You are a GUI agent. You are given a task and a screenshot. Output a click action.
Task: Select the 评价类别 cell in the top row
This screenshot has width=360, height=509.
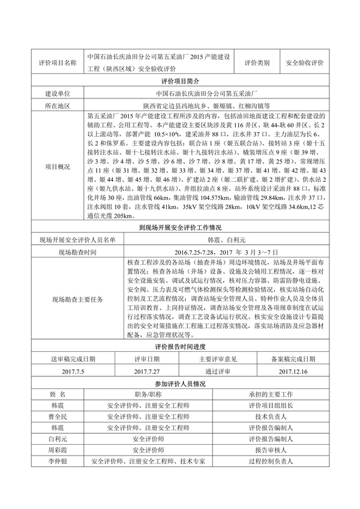[257, 62]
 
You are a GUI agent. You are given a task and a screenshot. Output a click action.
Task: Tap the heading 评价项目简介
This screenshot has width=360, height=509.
[180, 80]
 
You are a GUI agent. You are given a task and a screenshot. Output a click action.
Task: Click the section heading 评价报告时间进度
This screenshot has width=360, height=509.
[180, 346]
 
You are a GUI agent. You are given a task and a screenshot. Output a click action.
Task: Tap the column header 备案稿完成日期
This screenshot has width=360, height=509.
[293, 359]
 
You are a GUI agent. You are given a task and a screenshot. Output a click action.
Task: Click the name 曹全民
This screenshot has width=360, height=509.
[57, 415]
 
